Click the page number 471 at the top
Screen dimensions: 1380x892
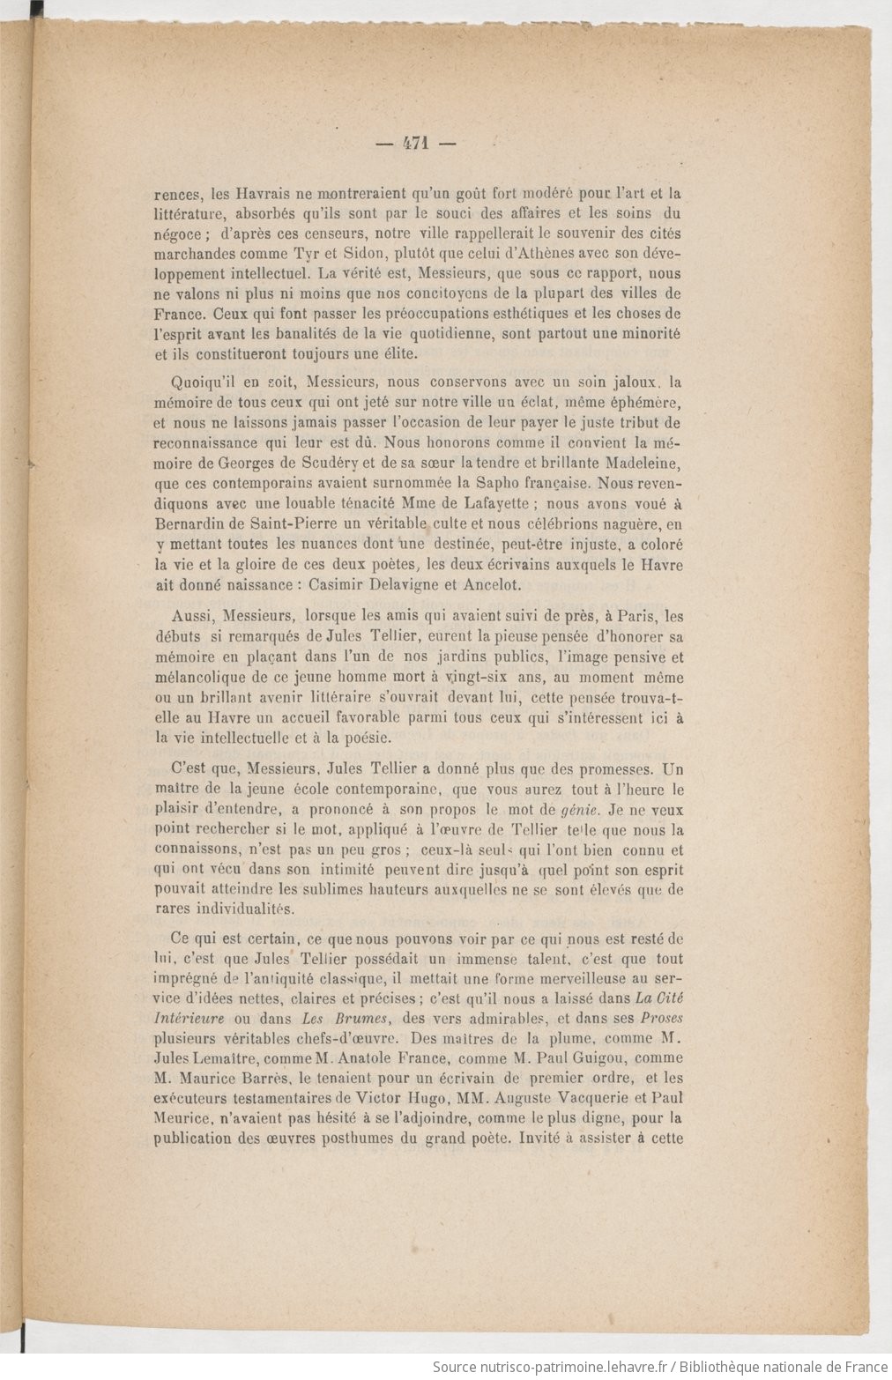[x=413, y=145]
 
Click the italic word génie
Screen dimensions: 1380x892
[x=555, y=809]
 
